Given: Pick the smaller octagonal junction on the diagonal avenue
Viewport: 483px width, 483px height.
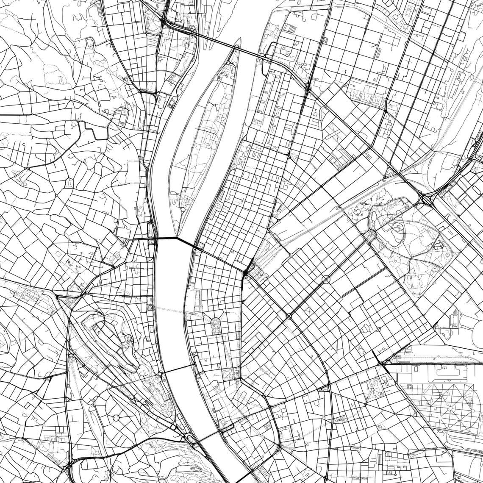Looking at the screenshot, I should [x=289, y=316].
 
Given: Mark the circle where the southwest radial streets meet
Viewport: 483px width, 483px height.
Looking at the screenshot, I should [x=116, y=418].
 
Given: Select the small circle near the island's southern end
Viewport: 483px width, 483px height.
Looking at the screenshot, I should [x=183, y=209].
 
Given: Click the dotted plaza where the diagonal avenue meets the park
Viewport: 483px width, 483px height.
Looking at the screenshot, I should [x=372, y=236].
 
